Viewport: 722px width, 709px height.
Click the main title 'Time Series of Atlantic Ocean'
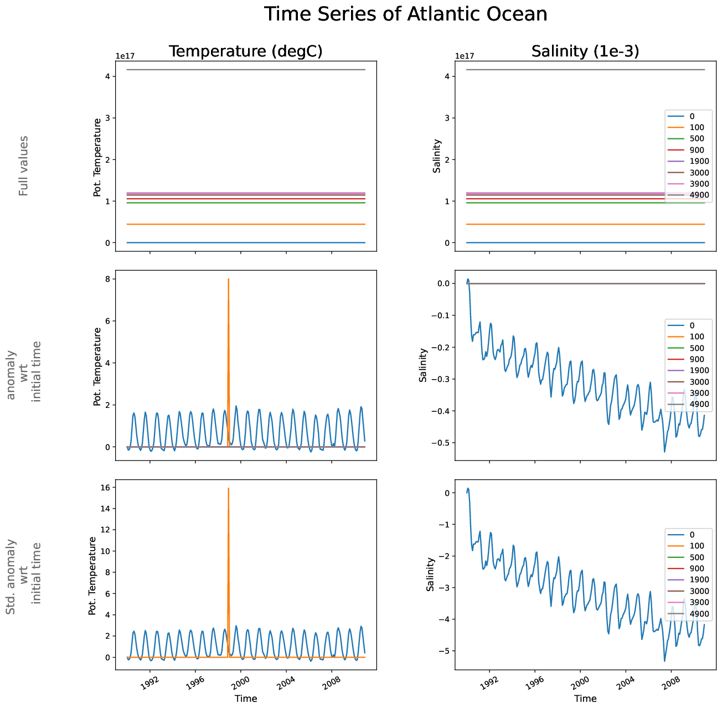click(405, 14)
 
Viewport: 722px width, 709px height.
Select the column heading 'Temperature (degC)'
click(245, 51)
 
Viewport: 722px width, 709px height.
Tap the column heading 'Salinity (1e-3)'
click(585, 51)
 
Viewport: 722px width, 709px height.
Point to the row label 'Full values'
click(23, 165)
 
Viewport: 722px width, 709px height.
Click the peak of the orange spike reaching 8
click(228, 280)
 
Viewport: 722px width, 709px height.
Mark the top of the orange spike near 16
click(228, 489)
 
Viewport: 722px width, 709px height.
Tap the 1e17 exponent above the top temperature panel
click(125, 56)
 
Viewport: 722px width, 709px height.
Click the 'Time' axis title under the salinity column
click(585, 698)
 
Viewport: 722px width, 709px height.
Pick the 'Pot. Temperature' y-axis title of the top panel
click(97, 158)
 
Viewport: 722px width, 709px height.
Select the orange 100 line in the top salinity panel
click(554, 224)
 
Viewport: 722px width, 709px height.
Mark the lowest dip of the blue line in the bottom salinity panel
click(664, 661)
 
